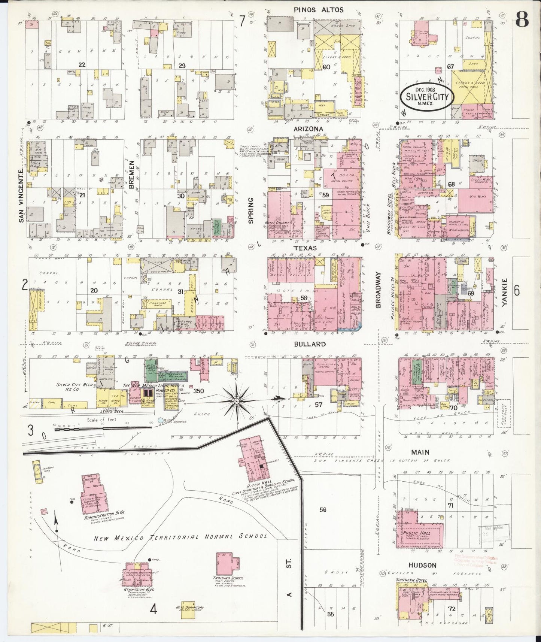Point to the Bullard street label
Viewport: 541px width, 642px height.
coord(315,344)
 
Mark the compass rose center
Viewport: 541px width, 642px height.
coord(237,401)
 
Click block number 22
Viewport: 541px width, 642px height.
coord(82,64)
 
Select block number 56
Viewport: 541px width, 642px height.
coord(323,509)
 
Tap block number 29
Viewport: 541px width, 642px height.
coord(182,66)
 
